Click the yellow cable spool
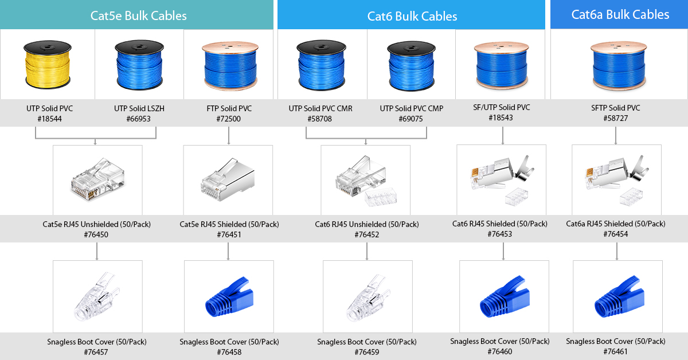(x=48, y=65)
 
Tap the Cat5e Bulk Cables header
(x=138, y=15)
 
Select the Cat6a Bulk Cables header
(x=620, y=14)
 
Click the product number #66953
(x=139, y=119)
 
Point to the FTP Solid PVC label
(x=229, y=108)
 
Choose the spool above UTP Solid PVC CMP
(x=411, y=66)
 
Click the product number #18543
(x=501, y=118)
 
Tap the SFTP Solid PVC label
(x=616, y=108)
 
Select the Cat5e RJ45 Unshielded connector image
(x=97, y=179)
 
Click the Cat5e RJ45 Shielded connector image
(x=228, y=179)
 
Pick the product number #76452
(x=367, y=234)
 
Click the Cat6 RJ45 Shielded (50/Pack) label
(x=500, y=224)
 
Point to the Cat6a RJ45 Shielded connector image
(x=616, y=180)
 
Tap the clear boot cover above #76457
(x=97, y=296)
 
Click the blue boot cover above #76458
(x=229, y=296)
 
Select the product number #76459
(x=367, y=352)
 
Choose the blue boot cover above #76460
(x=505, y=296)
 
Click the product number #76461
(x=616, y=351)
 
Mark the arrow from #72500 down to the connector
(x=229, y=135)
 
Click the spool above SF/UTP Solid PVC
(x=501, y=65)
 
